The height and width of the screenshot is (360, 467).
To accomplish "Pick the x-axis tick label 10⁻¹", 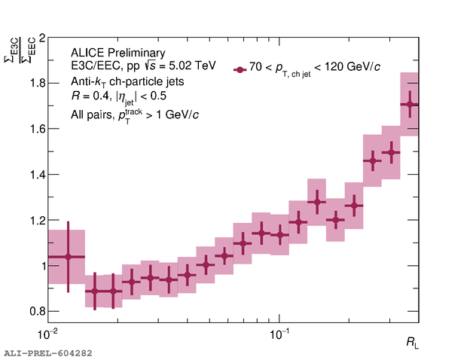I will click(279, 333).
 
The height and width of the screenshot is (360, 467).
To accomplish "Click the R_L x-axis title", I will click(411, 343).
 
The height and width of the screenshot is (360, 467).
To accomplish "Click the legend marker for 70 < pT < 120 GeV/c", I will click(240, 69).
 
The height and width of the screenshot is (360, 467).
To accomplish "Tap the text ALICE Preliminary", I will click(118, 53).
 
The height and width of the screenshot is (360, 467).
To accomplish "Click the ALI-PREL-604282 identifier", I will click(47, 352).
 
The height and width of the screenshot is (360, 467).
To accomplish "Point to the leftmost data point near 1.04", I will click(68, 257).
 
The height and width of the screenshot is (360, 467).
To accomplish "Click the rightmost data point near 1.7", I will click(410, 105).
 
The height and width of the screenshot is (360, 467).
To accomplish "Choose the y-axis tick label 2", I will click(41, 38).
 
